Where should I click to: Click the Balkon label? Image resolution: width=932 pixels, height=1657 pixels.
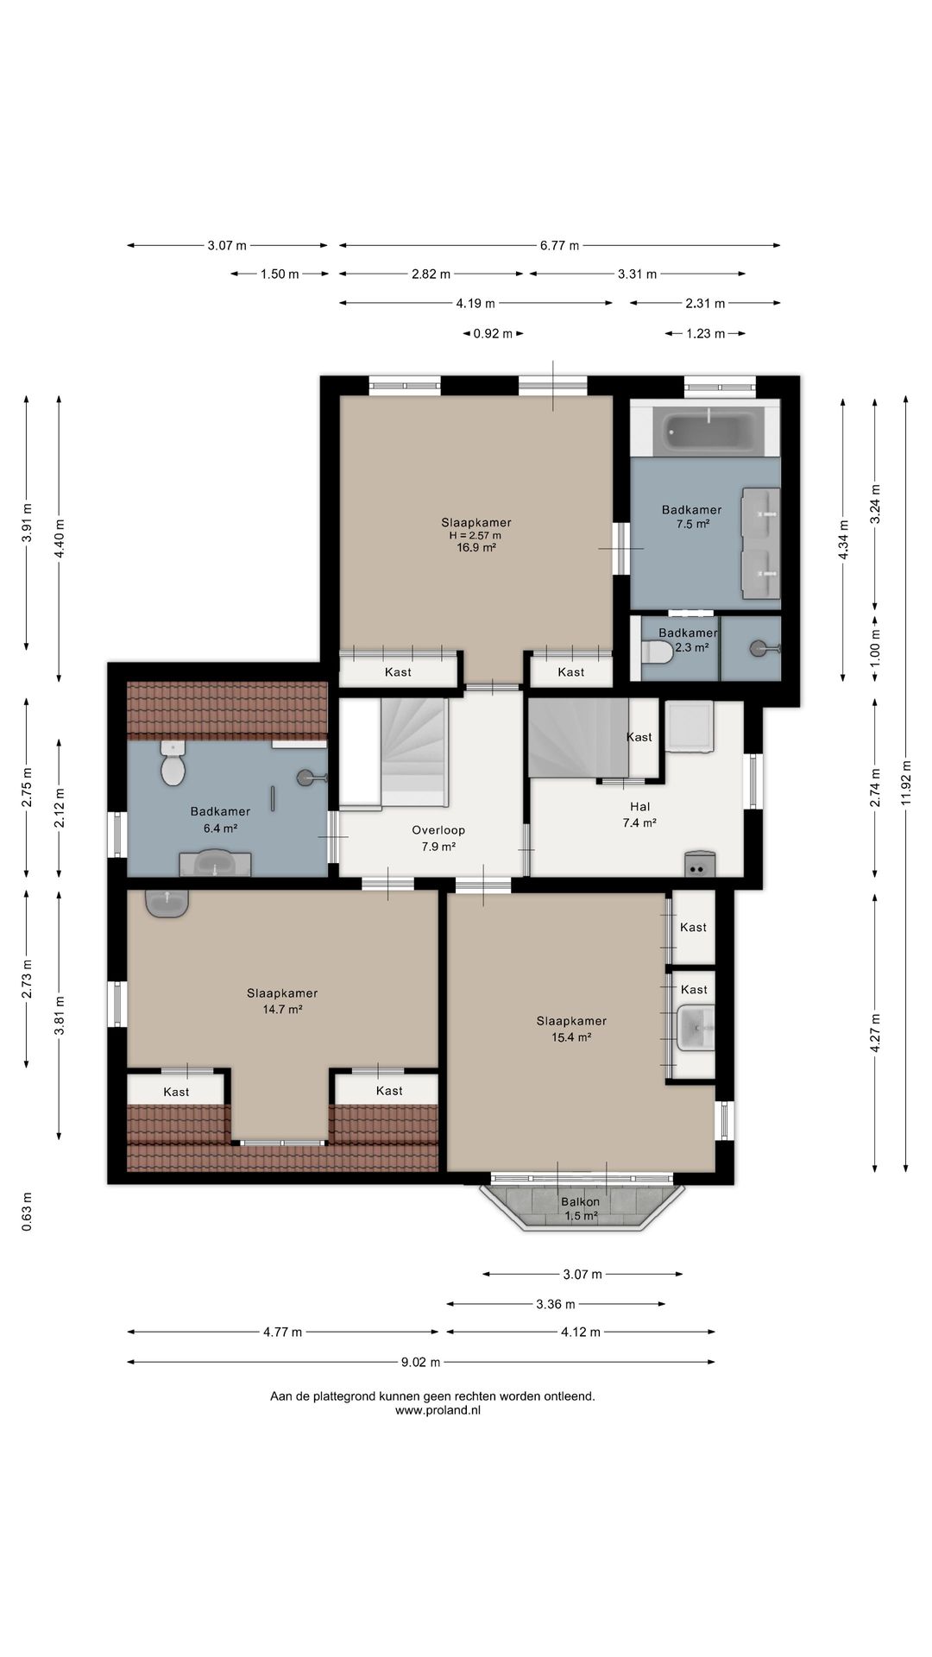[x=580, y=1201]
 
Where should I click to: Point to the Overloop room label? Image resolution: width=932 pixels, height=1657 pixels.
[x=438, y=830]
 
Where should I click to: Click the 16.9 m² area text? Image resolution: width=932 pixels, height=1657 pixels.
[x=476, y=547]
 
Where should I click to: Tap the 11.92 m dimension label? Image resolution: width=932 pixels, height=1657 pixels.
[x=905, y=783]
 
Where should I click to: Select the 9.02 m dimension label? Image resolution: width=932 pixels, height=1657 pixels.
[x=420, y=1362]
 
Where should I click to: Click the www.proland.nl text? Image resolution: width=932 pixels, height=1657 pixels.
[x=438, y=1410]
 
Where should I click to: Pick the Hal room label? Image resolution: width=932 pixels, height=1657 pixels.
[x=639, y=807]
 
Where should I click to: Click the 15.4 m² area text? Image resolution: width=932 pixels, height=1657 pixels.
[x=571, y=1037]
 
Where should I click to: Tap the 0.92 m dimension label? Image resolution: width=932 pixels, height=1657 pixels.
[x=493, y=333]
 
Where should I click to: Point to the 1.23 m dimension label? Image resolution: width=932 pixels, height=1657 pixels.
[x=705, y=333]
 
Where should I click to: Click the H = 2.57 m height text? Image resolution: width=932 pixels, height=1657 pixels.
[x=475, y=535]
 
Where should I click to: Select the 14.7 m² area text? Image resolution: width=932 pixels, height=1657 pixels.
[x=282, y=1009]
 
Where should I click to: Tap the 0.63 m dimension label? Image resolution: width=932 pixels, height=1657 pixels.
[x=27, y=1211]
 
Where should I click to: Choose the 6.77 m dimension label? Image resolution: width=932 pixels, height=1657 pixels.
[x=559, y=245]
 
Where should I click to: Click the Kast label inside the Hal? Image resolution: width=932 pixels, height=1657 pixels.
[x=639, y=737]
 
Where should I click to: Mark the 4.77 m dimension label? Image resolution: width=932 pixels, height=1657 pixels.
[x=282, y=1332]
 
